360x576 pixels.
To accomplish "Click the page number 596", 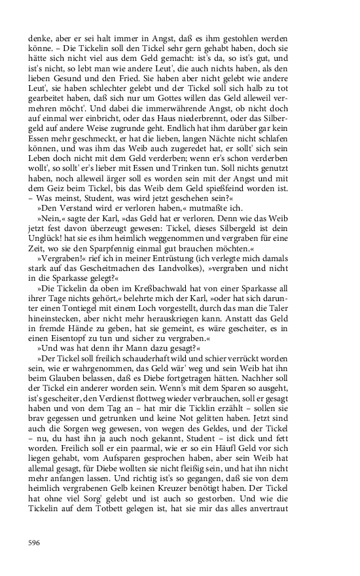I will pos(34,543).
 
